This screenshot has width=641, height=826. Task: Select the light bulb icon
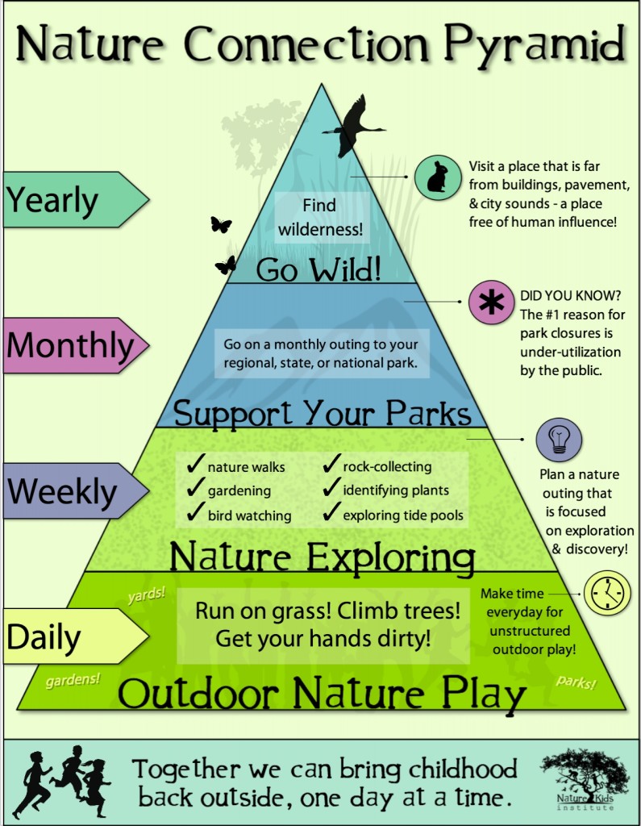point(559,440)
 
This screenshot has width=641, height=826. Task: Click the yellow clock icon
point(606,593)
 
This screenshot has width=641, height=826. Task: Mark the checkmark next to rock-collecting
point(331,465)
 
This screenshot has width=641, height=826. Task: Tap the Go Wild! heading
point(318,269)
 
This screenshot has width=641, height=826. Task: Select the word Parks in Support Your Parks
point(427,413)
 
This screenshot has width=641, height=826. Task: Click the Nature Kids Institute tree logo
point(584,779)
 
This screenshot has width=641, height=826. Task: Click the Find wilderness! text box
point(319,217)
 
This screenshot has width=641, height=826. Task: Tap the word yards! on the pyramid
point(146,595)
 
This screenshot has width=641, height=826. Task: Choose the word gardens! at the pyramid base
point(73,678)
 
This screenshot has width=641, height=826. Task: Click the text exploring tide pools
point(403,515)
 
